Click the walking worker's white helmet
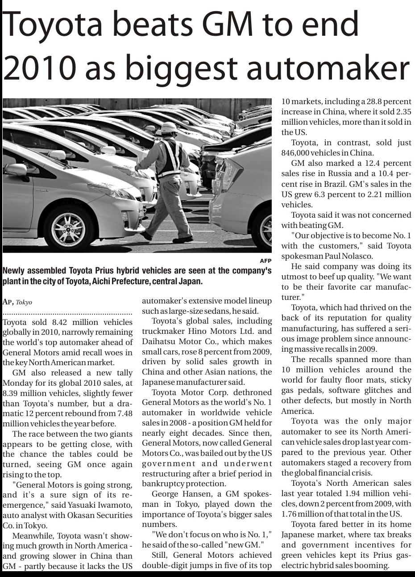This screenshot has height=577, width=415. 169,127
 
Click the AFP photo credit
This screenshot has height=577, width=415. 266,261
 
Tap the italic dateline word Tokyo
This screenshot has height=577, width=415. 24,303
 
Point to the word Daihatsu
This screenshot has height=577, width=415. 159,341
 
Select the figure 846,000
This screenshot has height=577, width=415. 297,153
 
